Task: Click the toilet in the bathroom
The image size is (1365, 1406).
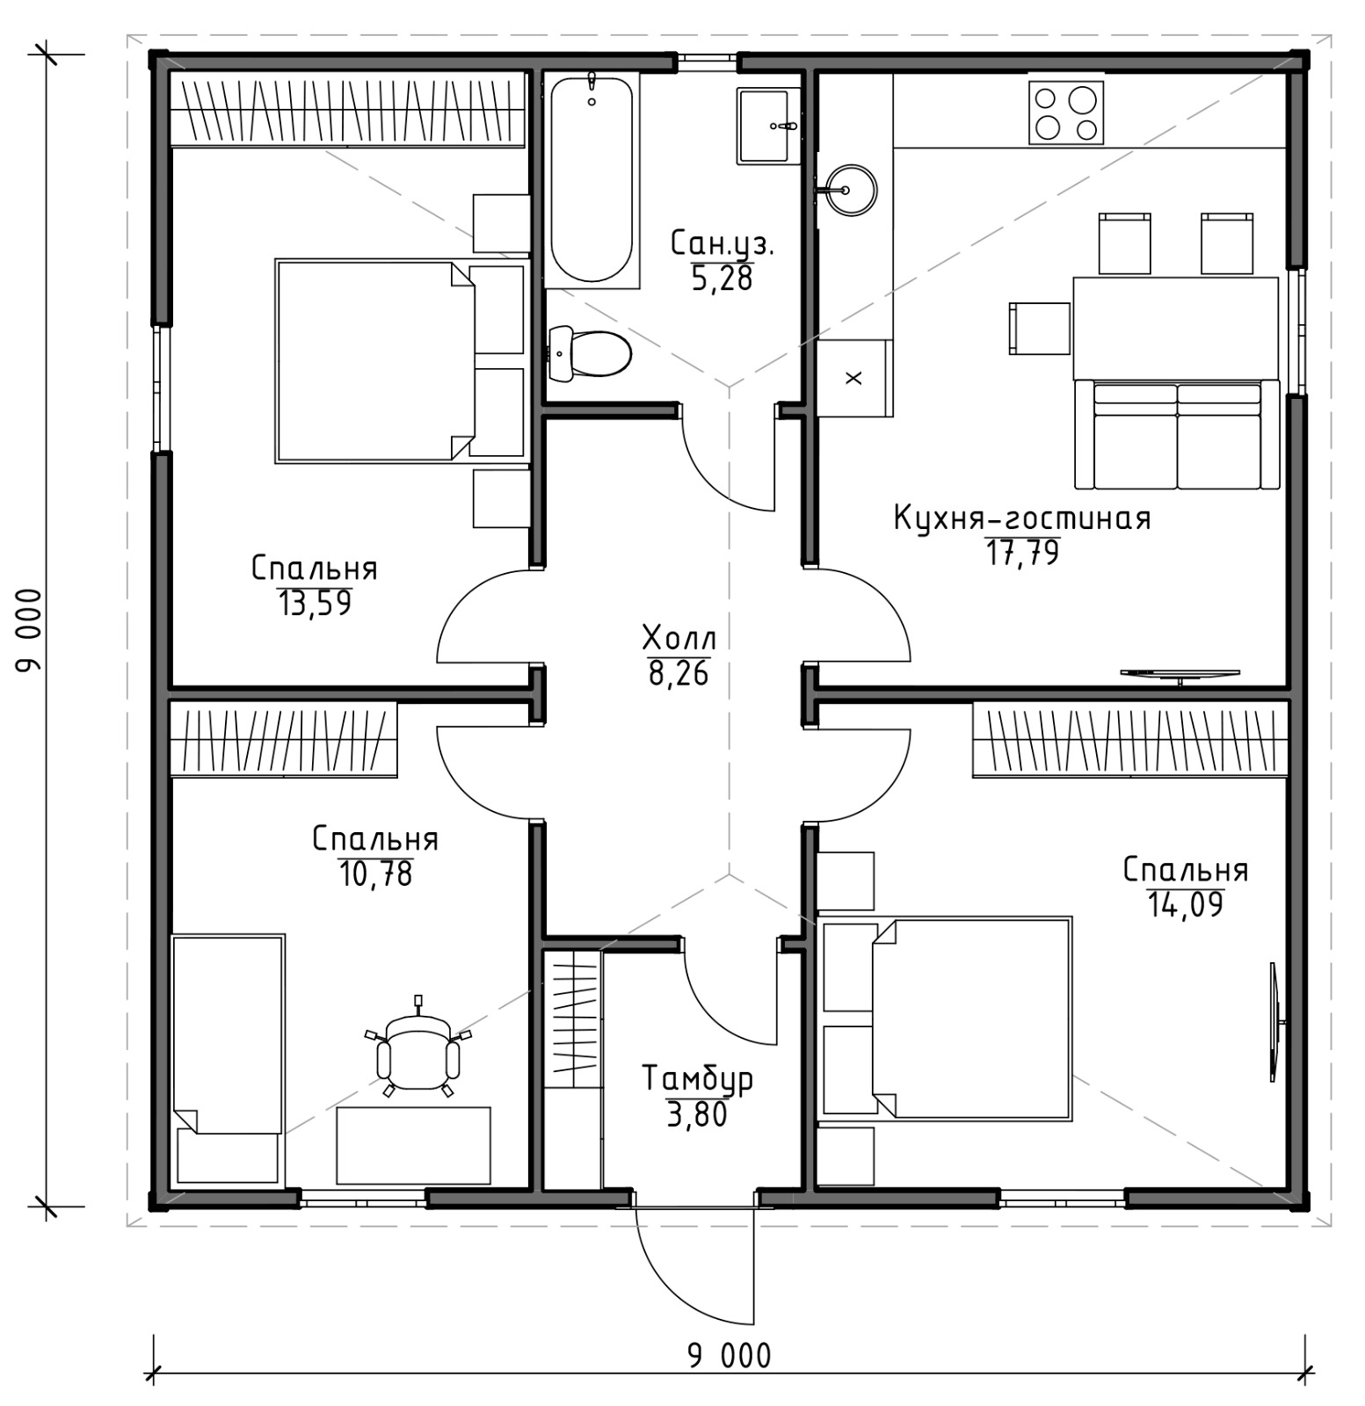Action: (x=590, y=353)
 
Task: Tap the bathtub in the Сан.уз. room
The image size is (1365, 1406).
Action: (x=591, y=180)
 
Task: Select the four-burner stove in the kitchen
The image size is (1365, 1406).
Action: (x=1065, y=112)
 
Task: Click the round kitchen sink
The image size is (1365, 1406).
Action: (x=850, y=190)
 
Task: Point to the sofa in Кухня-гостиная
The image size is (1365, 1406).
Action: (x=1177, y=435)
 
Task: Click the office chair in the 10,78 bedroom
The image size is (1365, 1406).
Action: (x=418, y=1049)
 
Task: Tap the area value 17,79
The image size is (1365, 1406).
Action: (x=1022, y=554)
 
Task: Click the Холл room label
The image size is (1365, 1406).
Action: (x=679, y=636)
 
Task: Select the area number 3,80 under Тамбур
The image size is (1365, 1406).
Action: (x=697, y=1114)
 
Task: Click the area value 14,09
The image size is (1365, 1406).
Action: (x=1186, y=904)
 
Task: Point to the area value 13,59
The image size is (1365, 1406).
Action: (x=315, y=604)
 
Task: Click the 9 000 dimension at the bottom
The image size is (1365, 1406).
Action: (x=729, y=1355)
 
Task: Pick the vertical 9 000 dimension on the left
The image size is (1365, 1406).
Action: (x=28, y=630)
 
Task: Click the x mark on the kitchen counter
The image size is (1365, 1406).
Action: (x=853, y=378)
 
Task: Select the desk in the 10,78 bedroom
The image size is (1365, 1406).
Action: (x=413, y=1145)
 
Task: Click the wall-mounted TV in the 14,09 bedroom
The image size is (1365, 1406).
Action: (x=1275, y=1021)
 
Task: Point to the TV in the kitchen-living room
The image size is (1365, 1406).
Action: (x=1180, y=674)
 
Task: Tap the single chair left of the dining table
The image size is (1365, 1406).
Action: (x=1040, y=328)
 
